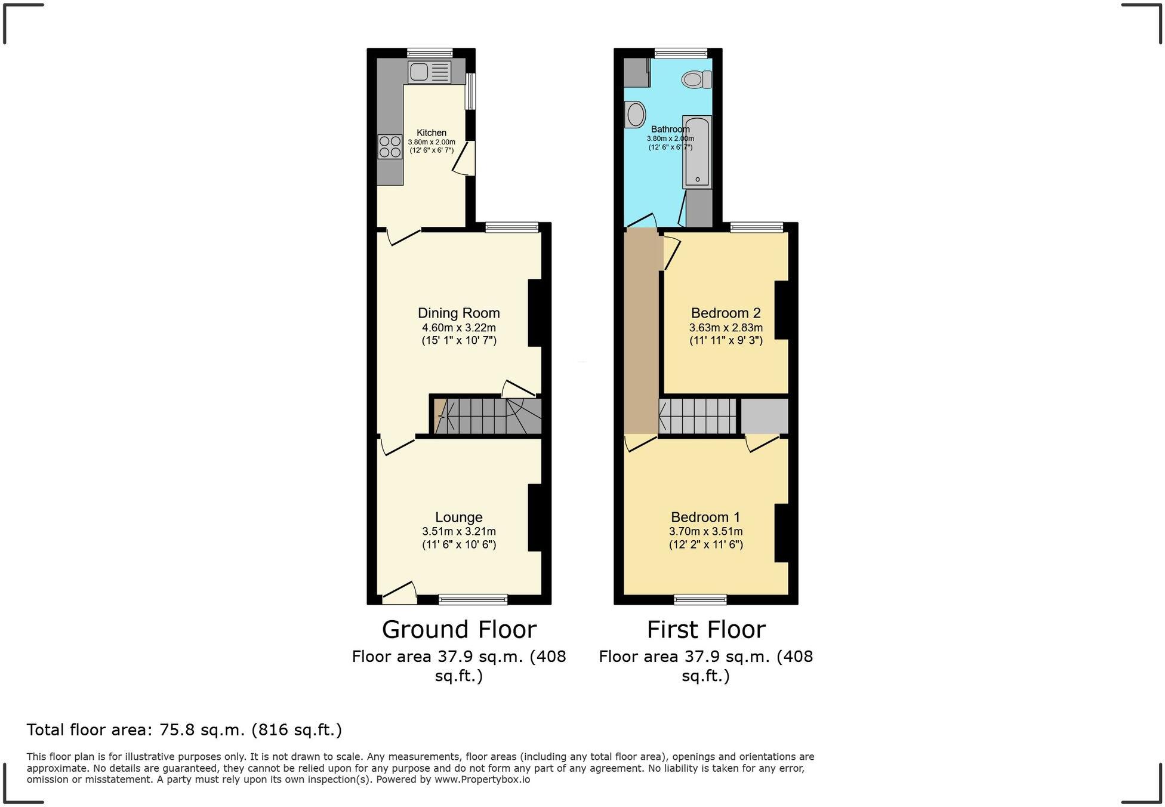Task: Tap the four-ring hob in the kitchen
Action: [390, 147]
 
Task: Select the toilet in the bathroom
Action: [696, 79]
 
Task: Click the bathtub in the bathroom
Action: [697, 152]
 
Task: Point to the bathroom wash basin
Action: [635, 115]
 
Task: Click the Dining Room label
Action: [458, 313]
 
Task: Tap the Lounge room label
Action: [458, 517]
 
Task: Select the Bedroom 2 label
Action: [726, 313]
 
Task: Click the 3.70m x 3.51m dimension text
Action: [705, 531]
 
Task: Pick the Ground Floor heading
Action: [458, 629]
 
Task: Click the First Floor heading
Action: [705, 629]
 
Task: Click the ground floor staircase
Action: [487, 416]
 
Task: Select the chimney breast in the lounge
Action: [535, 517]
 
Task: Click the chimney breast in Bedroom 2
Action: [782, 310]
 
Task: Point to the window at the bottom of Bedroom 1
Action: [700, 599]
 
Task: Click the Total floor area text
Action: [184, 729]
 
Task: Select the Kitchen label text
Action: [431, 133]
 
